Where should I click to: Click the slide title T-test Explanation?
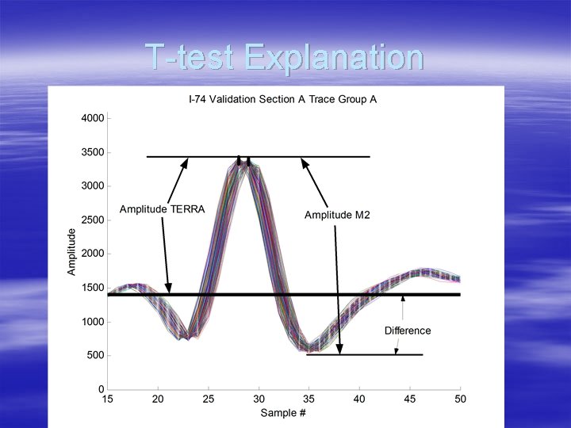coord(284,58)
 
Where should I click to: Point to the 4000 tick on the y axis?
coord(94,118)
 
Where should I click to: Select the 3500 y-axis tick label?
coord(94,152)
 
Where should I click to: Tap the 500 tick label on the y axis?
coord(96,356)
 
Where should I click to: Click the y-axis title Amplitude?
coord(71,252)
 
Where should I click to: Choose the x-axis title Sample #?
coord(283,413)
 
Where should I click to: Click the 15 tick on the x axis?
coord(107,400)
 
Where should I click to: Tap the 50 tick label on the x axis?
coord(460,400)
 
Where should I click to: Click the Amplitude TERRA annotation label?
coord(162,209)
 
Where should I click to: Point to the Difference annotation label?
coord(408,331)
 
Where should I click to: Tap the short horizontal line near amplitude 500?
coord(365,354)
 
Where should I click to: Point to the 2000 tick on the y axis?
coord(94,254)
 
